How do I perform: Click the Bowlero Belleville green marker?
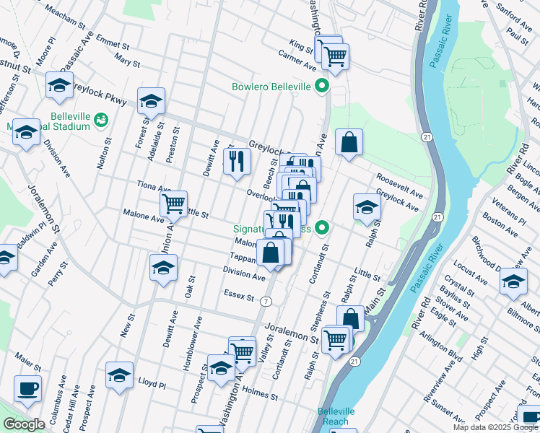point(323,87)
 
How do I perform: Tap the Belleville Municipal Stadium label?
point(69,121)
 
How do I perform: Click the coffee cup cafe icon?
point(27,389)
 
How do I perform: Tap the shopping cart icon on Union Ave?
point(173,204)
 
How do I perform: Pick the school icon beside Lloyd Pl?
point(120,375)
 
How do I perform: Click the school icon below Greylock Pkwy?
point(151,101)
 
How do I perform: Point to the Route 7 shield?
point(267,300)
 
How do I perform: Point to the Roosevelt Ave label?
point(398,185)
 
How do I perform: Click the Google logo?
point(24,424)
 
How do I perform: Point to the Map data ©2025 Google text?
point(495,427)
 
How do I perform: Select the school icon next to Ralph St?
point(367,206)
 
